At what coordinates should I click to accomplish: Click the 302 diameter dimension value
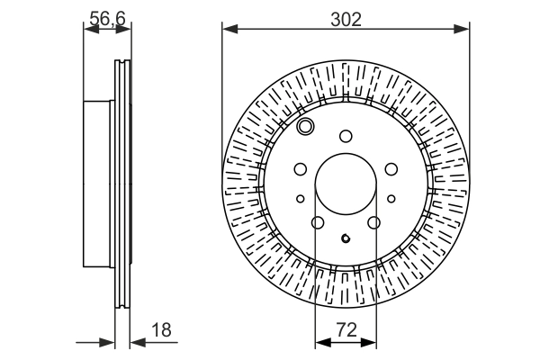346,17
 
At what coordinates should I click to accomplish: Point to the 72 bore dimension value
346,331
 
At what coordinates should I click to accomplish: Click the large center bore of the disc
346,184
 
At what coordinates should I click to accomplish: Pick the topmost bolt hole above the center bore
346,136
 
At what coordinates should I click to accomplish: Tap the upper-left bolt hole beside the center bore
301,168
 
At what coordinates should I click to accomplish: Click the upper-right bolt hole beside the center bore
391,168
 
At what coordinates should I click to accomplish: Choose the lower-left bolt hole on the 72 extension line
317,222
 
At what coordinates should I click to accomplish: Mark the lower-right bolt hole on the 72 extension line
374,222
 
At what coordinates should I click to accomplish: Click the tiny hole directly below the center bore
346,238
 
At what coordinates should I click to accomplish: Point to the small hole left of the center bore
301,199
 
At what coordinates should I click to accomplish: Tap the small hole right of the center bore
391,199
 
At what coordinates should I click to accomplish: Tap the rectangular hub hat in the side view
99,184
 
